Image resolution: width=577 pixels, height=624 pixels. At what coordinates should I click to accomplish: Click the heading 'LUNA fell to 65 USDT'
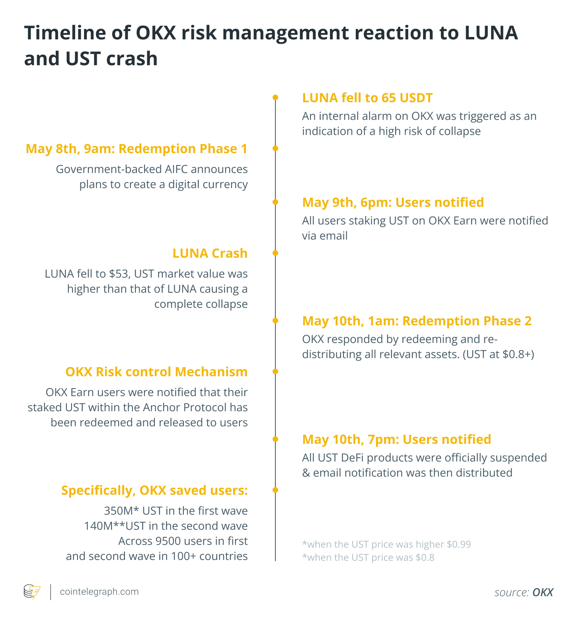pyautogui.click(x=367, y=98)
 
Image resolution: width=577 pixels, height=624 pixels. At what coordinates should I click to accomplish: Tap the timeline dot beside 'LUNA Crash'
pyautogui.click(x=275, y=253)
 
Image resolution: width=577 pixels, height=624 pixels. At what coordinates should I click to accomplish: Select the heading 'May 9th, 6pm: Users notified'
pyautogui.click(x=393, y=202)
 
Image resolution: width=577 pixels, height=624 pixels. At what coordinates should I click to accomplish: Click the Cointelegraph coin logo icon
pyautogui.click(x=32, y=591)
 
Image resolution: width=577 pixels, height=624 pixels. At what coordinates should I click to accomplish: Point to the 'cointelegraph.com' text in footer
pyautogui.click(x=99, y=592)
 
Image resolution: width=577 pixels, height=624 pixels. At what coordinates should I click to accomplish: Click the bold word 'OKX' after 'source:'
pyautogui.click(x=542, y=593)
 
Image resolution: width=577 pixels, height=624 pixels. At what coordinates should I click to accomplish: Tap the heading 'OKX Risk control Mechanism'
pyautogui.click(x=156, y=372)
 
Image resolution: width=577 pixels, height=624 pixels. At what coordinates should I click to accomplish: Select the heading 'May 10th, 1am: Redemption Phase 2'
pyautogui.click(x=417, y=321)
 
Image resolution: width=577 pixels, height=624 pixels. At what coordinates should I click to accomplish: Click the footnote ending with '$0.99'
pyautogui.click(x=386, y=544)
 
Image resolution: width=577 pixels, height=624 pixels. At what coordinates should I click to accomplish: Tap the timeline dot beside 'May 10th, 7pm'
pyautogui.click(x=275, y=439)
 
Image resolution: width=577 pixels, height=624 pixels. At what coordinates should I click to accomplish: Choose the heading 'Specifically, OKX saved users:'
pyautogui.click(x=154, y=490)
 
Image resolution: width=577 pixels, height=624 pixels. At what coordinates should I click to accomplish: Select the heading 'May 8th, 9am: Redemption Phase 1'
pyautogui.click(x=136, y=149)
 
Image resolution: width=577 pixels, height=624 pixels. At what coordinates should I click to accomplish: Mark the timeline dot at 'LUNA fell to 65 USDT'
pyautogui.click(x=275, y=97)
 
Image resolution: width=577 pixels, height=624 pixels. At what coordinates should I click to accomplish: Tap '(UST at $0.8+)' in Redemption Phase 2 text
pyautogui.click(x=498, y=354)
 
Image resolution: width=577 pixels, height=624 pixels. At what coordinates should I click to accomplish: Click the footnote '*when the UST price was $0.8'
pyautogui.click(x=368, y=558)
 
